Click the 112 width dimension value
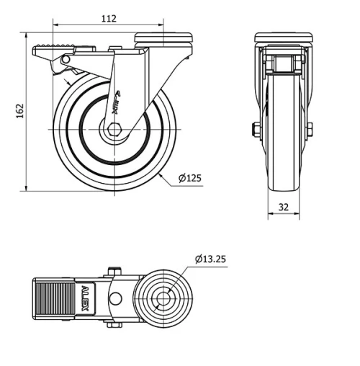point(109,19)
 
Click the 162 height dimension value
point(20,110)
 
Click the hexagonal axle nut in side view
point(116,130)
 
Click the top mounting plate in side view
point(165,36)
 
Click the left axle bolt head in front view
point(256,130)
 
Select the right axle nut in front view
point(310,130)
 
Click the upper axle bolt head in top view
point(112,272)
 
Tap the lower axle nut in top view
point(112,326)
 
